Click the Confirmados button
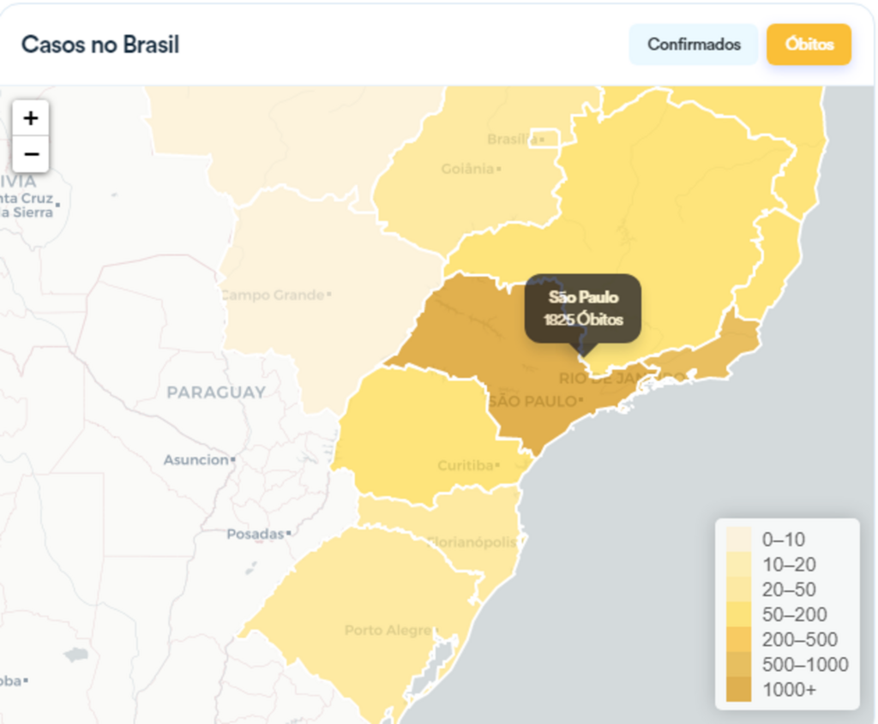click(x=694, y=45)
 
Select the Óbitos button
click(x=809, y=45)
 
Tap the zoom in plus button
click(x=31, y=118)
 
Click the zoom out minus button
click(x=31, y=154)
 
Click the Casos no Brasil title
click(x=100, y=45)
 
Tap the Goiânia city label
click(x=468, y=169)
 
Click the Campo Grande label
click(x=273, y=295)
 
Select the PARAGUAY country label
click(x=216, y=392)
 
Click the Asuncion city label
click(x=196, y=460)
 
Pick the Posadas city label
click(x=255, y=534)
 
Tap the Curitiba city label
click(x=466, y=466)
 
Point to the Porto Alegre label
click(x=388, y=631)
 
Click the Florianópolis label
click(x=472, y=542)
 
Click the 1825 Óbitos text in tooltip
click(x=583, y=320)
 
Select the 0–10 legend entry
click(x=783, y=540)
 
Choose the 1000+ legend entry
click(x=789, y=689)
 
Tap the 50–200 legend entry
click(x=794, y=614)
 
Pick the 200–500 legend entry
click(x=799, y=639)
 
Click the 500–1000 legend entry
click(x=805, y=664)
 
